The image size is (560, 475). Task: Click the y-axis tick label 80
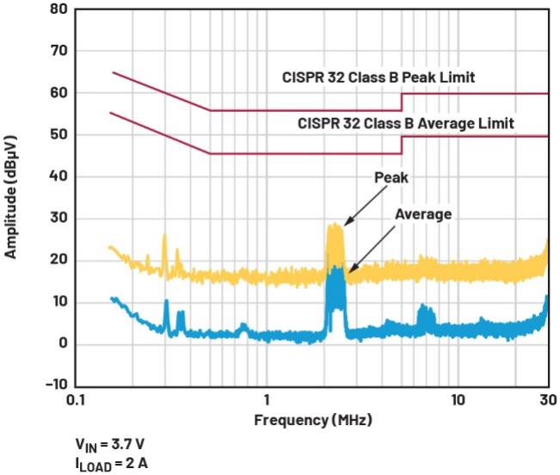[x=57, y=10]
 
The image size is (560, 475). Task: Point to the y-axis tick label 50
[x=57, y=135]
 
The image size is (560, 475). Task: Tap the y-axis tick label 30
[x=57, y=219]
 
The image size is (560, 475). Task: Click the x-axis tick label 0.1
[x=74, y=401]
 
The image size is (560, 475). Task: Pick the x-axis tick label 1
[x=266, y=401]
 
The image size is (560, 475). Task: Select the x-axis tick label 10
[x=458, y=401]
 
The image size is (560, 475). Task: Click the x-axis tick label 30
[x=547, y=401]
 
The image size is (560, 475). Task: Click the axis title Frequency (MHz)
[x=313, y=421]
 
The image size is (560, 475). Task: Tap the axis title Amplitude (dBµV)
[x=12, y=199]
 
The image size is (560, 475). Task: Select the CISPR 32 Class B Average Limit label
[x=406, y=124]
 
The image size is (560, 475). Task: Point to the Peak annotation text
[x=391, y=178]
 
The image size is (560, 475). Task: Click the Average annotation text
[x=423, y=214]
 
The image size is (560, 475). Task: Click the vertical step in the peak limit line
[x=402, y=102]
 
